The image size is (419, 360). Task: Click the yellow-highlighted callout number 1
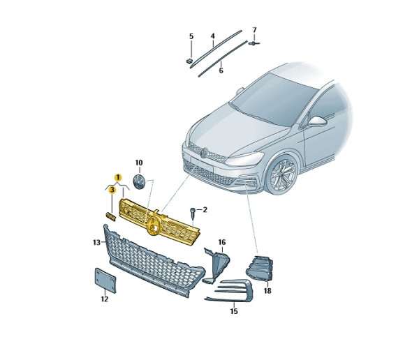tap(118, 177)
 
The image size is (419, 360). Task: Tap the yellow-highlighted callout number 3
tap(112, 190)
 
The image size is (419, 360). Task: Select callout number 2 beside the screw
tap(205, 209)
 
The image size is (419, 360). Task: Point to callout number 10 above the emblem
tap(139, 163)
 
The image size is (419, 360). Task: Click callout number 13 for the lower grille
tap(96, 243)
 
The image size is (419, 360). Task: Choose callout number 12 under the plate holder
tap(105, 299)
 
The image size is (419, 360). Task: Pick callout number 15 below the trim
tap(234, 311)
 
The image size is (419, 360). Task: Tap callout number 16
tap(222, 242)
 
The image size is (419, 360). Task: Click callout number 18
tap(267, 290)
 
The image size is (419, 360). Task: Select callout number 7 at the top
tap(254, 30)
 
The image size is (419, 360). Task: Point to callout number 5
tap(191, 36)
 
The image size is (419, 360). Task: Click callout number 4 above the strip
tap(213, 36)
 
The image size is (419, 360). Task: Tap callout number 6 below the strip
tap(221, 70)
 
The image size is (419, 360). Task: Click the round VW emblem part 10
tap(139, 182)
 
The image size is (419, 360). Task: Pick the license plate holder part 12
tap(105, 280)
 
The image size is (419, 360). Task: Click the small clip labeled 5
tap(189, 61)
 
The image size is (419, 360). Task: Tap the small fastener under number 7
tap(253, 43)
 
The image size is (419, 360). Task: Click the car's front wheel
tap(282, 173)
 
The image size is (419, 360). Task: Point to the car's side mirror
tap(317, 121)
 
